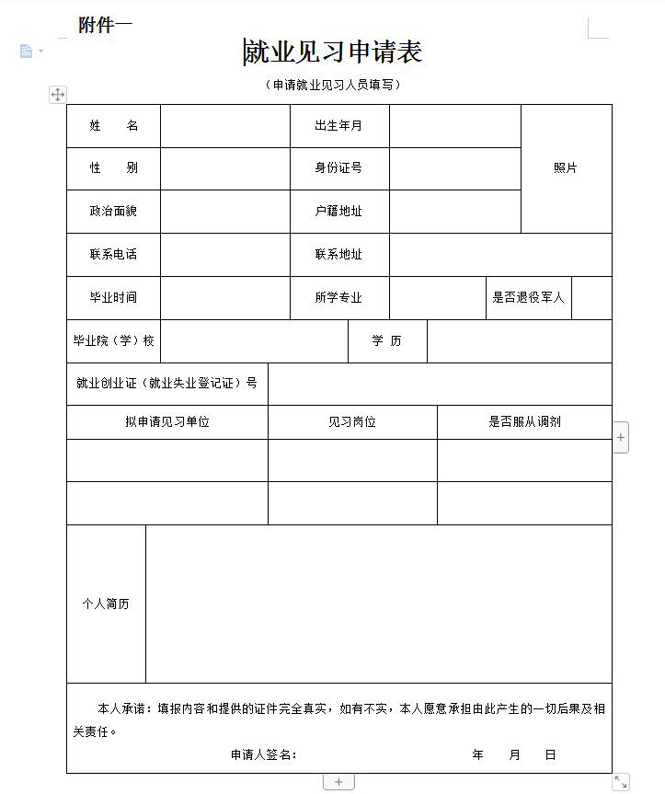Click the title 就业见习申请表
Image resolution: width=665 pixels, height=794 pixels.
[333, 52]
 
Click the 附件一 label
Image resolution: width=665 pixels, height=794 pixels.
[105, 25]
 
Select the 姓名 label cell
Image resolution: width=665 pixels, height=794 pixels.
[113, 126]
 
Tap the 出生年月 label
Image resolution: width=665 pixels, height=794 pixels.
[338, 126]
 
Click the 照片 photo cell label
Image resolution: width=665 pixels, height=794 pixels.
[566, 168]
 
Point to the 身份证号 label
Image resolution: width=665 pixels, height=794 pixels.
[338, 168]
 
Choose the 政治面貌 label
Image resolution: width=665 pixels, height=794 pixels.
[113, 211]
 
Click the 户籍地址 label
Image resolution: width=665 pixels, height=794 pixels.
[338, 211]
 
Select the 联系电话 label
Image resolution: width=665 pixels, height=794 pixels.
[113, 254]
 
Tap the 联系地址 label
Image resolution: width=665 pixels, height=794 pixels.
[338, 254]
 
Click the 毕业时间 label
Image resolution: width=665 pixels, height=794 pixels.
[113, 297]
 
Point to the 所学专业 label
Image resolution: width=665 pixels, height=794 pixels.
[338, 297]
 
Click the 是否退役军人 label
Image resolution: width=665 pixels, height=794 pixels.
[528, 297]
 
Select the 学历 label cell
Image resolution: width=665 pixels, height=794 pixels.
[386, 340]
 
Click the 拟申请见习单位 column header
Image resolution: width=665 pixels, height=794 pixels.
[167, 421]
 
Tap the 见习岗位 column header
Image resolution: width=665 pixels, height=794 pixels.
[352, 421]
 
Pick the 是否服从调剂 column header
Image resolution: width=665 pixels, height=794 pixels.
[524, 421]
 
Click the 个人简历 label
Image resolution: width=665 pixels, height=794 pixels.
[106, 604]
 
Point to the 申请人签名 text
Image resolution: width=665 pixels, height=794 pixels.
[263, 754]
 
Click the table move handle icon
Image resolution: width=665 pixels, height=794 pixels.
[57, 94]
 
